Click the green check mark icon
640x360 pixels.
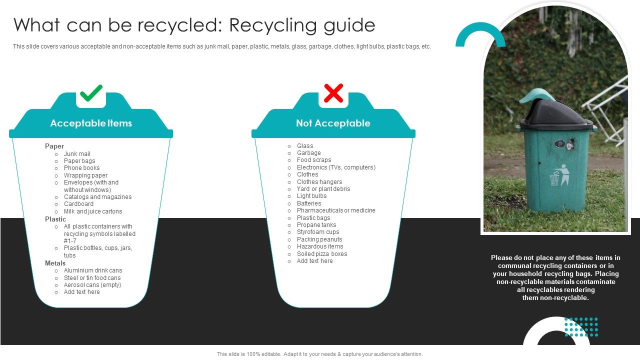pos(91,93)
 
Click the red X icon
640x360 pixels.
pos(333,93)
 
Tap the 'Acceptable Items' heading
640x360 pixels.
pos(91,123)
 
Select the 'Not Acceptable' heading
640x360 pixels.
pos(333,123)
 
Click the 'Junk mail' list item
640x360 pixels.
pos(77,154)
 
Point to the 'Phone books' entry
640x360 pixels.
pos(81,168)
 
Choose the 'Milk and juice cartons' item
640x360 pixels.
pos(93,211)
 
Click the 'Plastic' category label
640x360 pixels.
pos(55,219)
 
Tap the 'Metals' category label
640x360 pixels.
pos(55,263)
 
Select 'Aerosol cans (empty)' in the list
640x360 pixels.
pos(92,285)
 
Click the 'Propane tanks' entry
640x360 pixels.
pos(316,225)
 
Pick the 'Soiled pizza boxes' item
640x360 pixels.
pos(322,254)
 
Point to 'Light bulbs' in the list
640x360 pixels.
pos(311,196)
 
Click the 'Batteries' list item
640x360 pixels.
pos(309,203)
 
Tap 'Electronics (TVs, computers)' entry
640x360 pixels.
pos(336,167)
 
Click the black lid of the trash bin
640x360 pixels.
pos(555,112)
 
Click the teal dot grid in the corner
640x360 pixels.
pos(581,327)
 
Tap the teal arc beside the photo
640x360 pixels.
pos(480,32)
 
